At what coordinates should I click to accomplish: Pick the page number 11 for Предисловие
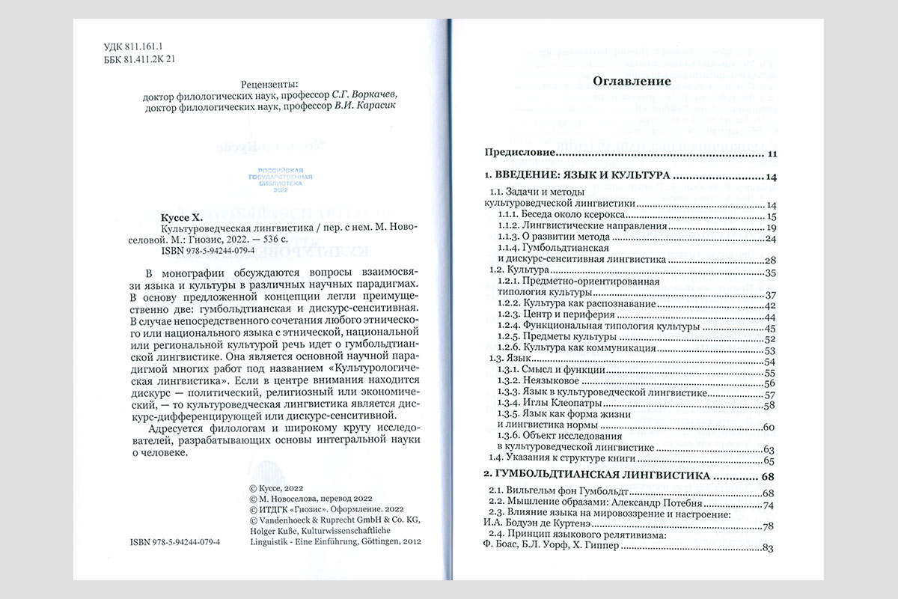(x=772, y=155)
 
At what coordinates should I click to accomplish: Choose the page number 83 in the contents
(x=766, y=550)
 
